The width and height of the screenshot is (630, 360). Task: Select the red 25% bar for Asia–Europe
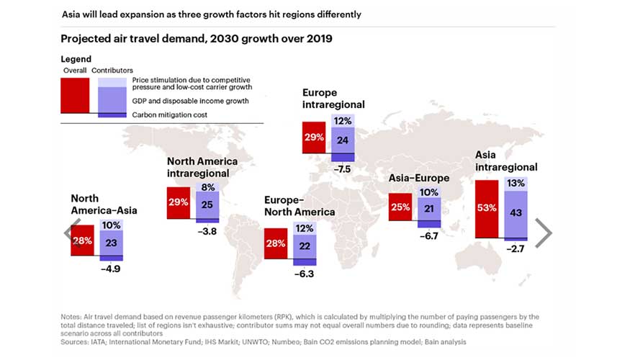[x=400, y=207]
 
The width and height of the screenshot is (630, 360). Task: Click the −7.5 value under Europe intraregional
[x=343, y=169]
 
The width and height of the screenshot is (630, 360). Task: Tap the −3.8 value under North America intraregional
[x=207, y=232]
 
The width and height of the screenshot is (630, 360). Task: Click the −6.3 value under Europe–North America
[x=304, y=274]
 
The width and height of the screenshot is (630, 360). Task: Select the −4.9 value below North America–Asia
[x=110, y=269]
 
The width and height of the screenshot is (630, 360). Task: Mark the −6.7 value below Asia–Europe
[x=429, y=235]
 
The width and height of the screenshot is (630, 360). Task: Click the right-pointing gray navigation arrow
[x=543, y=233]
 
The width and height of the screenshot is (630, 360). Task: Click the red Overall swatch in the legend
[x=75, y=95]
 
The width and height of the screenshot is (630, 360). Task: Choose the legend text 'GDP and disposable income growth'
[x=191, y=101]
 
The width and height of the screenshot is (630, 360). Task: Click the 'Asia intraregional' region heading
[x=506, y=161]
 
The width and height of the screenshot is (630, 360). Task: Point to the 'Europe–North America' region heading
[x=299, y=206]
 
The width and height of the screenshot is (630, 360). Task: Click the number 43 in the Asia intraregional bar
[x=516, y=213]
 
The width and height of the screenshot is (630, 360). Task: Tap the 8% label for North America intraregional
[x=207, y=186]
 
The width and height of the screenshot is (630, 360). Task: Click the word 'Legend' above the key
[x=76, y=58]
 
